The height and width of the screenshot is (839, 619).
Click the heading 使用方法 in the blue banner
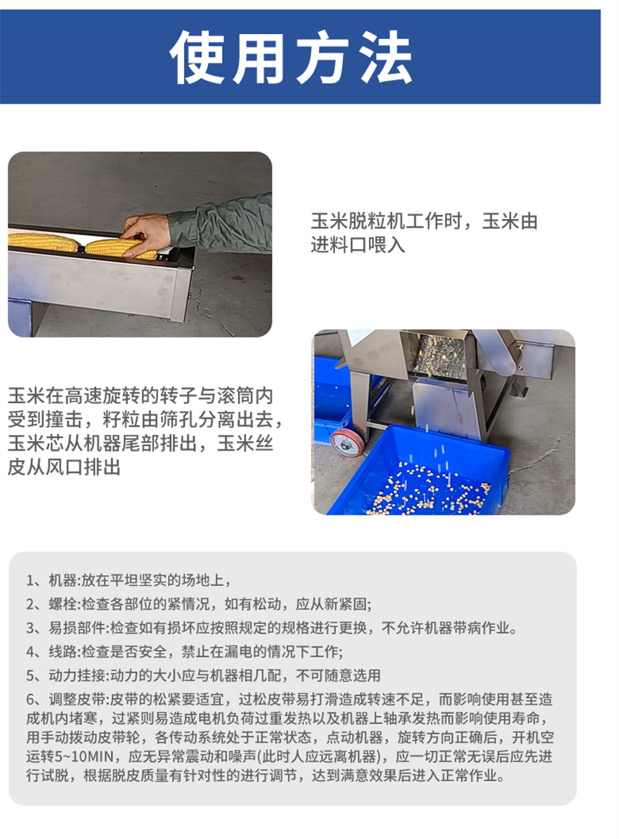291,57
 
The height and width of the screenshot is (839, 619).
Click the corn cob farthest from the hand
43,242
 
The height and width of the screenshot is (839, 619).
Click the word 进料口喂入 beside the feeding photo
357,245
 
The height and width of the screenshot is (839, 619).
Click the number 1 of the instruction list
30,580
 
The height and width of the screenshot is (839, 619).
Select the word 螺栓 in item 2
63,604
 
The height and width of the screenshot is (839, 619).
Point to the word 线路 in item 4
63,652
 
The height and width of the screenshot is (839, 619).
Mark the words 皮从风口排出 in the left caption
64,467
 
